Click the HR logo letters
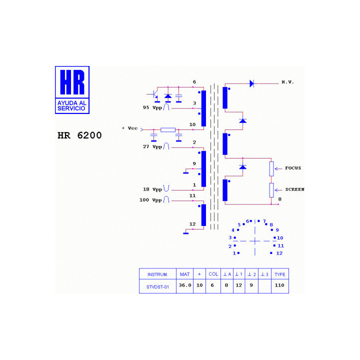pyautogui.click(x=72, y=82)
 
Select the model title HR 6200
pyautogui.click(x=79, y=135)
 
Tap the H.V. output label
pyautogui.click(x=287, y=82)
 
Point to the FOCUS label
pyautogui.click(x=293, y=168)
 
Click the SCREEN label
pyautogui.click(x=295, y=189)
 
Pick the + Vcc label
pyautogui.click(x=129, y=128)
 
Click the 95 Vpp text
pyautogui.click(x=152, y=107)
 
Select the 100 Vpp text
pyautogui.click(x=150, y=200)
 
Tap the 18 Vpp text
pyautogui.click(x=152, y=189)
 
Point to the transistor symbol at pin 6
pyautogui.click(x=154, y=94)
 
